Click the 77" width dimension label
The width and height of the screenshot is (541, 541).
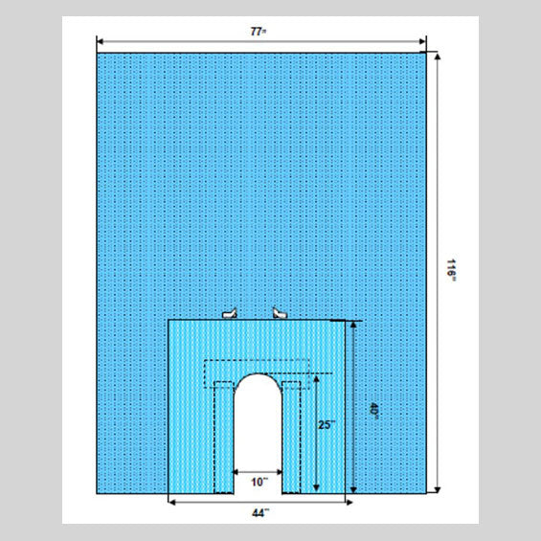point(259,32)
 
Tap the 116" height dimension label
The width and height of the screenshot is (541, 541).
point(451,270)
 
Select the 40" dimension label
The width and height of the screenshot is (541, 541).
point(374,411)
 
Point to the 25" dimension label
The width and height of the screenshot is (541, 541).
point(327,425)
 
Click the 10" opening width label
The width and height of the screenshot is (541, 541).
point(259,482)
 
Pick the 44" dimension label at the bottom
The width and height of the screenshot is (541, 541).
point(260,513)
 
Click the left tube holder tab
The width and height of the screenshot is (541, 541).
point(230,313)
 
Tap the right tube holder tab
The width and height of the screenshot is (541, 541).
point(280,313)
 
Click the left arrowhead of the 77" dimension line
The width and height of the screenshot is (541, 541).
point(100,42)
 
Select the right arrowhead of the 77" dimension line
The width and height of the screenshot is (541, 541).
point(422,42)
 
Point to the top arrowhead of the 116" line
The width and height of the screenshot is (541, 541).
point(438,56)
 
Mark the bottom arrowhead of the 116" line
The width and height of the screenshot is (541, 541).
point(438,489)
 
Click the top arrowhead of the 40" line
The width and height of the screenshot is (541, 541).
point(353,325)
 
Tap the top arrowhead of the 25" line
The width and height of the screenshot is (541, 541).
point(316,379)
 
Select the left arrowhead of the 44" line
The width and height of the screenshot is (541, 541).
point(172,503)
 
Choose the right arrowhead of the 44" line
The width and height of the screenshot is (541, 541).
point(349,503)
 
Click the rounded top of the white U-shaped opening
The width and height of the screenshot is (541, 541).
point(258,374)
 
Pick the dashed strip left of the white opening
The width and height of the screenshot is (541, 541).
point(224,438)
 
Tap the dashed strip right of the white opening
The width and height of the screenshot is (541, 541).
point(291,438)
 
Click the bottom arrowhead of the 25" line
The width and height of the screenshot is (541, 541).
point(316,488)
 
